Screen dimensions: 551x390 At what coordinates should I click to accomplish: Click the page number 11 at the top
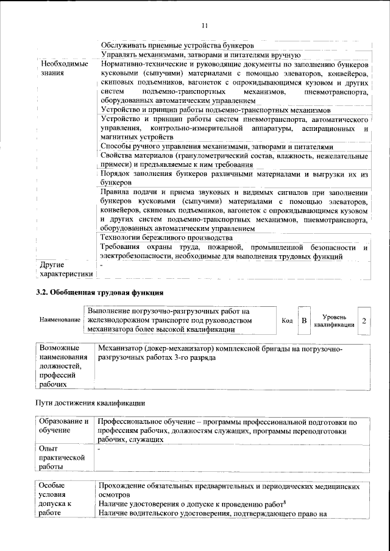(205, 25)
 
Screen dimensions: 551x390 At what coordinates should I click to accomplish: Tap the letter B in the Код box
(303, 320)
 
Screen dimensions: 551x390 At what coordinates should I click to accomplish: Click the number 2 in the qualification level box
(364, 320)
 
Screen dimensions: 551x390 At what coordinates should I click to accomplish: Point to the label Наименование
(60, 320)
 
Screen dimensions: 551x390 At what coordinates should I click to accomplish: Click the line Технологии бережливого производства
(166, 237)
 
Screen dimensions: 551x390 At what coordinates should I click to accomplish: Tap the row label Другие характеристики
(64, 270)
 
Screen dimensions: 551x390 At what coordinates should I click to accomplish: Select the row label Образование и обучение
(63, 426)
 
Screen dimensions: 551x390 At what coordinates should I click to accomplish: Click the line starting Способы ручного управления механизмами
(216, 147)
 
